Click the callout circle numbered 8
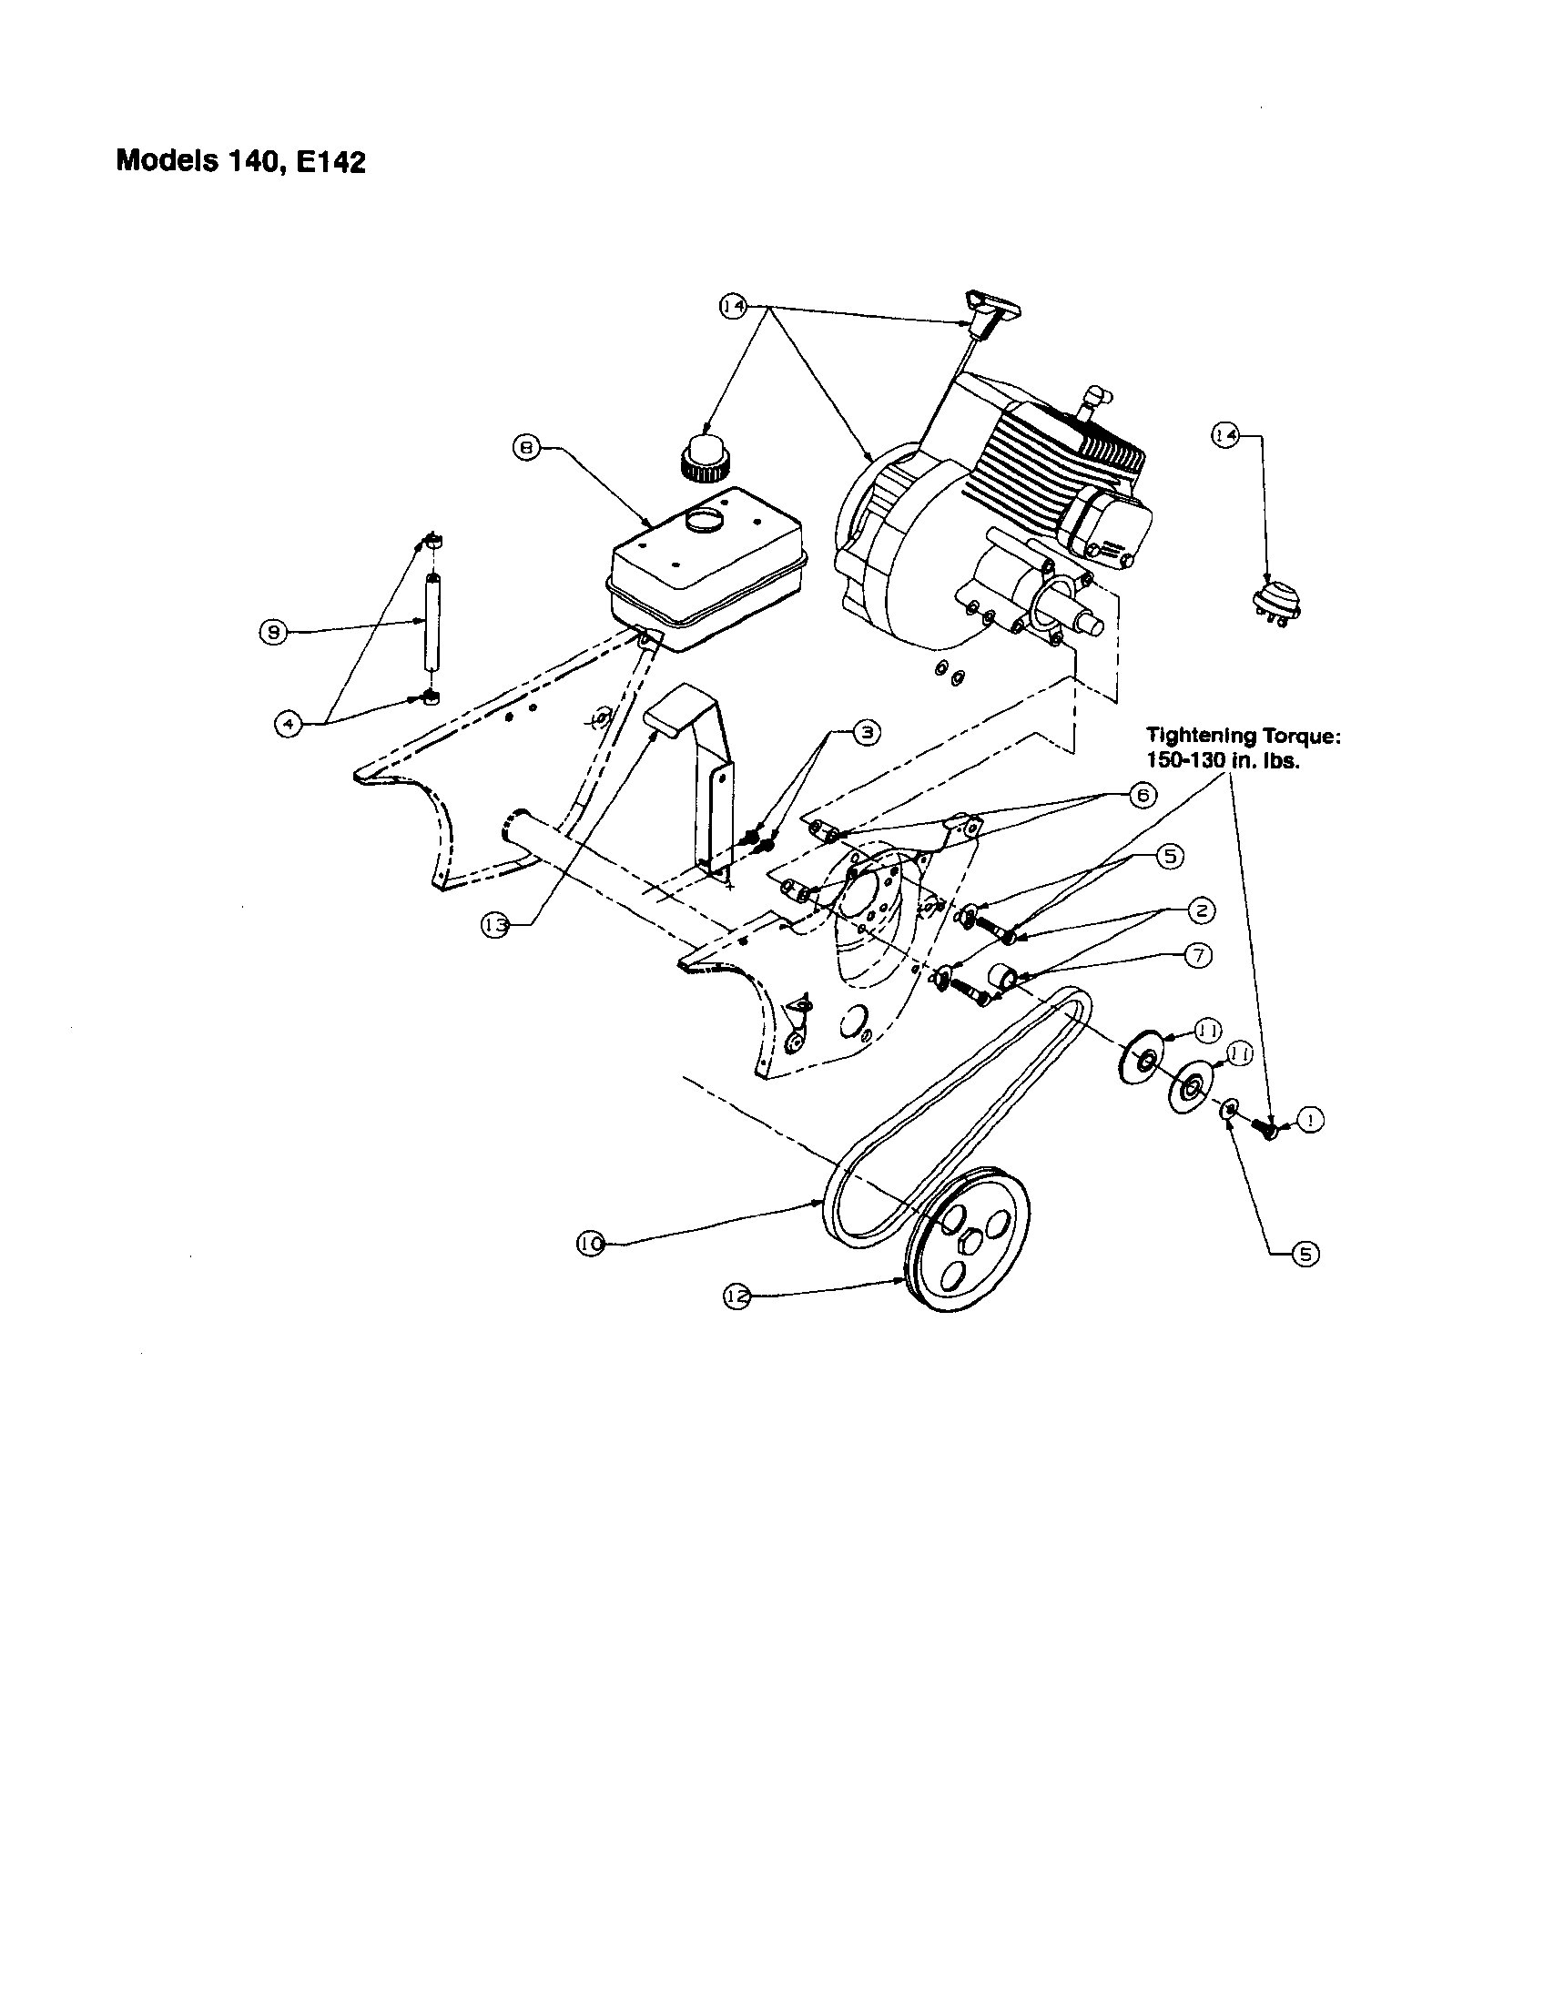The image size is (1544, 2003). pos(525,448)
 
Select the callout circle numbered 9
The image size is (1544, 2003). pos(273,632)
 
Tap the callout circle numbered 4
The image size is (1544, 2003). pos(288,724)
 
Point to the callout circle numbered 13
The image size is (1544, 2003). pos(494,926)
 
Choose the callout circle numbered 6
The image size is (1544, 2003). pos(1143,796)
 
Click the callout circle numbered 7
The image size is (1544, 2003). pos(1198,955)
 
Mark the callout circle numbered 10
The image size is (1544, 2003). pos(591,1244)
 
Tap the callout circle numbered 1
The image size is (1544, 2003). pos(1311,1120)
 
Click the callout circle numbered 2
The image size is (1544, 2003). pos(1202,910)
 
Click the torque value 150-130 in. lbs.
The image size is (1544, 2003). pos(1222,761)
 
